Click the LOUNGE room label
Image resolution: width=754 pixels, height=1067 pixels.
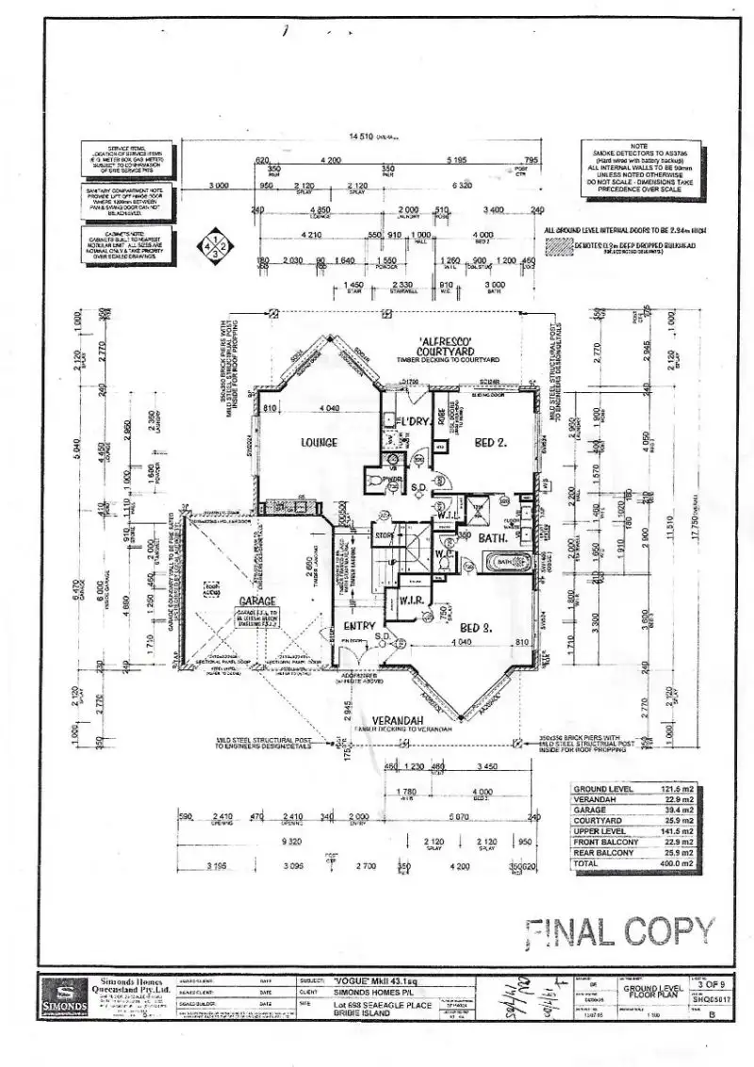click(319, 442)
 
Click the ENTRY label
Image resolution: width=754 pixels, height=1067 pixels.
click(359, 626)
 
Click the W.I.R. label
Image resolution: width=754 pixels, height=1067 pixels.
click(415, 599)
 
